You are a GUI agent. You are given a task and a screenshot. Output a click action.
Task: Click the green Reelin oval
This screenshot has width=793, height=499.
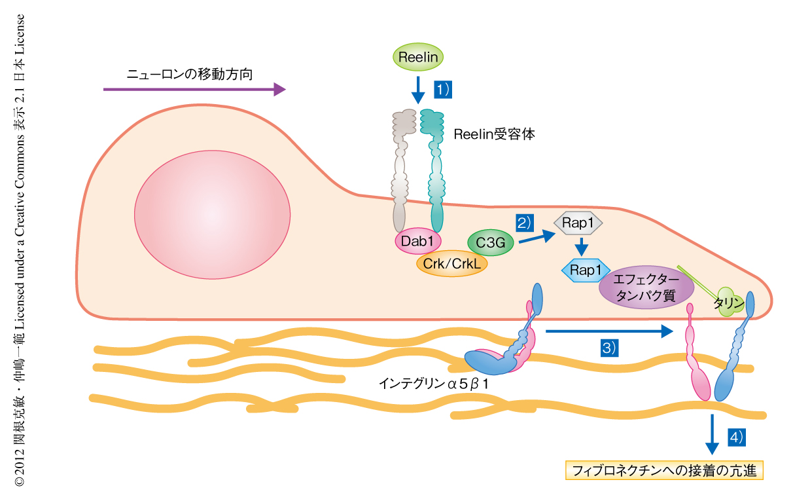pyautogui.click(x=418, y=58)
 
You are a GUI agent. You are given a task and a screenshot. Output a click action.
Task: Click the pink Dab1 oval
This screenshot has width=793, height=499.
pyautogui.click(x=417, y=242)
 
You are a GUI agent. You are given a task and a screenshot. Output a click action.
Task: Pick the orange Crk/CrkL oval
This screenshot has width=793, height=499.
pyautogui.click(x=451, y=263)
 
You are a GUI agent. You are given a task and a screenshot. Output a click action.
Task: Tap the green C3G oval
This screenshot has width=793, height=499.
pyautogui.click(x=490, y=243)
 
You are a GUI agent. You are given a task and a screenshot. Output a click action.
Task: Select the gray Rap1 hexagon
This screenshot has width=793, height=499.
pyautogui.click(x=578, y=223)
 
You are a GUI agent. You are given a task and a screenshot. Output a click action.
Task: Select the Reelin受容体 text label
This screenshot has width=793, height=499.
pyautogui.click(x=494, y=135)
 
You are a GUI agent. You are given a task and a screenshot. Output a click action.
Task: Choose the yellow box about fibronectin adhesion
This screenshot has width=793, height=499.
pyautogui.click(x=664, y=470)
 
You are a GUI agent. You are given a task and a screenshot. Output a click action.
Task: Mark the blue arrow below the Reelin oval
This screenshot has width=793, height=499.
pyautogui.click(x=417, y=89)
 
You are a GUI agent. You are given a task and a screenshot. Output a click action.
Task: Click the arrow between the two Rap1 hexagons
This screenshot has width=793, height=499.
pyautogui.click(x=579, y=248)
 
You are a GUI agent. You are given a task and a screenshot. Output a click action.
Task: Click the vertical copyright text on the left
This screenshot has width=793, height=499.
pyautogui.click(x=20, y=249)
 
